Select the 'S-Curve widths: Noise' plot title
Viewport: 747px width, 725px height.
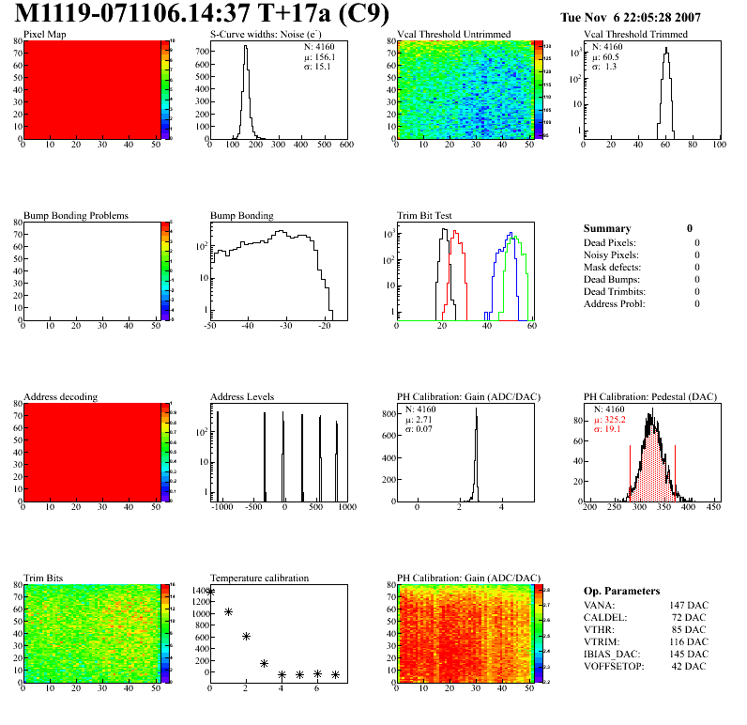(x=267, y=35)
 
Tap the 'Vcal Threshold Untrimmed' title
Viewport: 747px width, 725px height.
(x=453, y=35)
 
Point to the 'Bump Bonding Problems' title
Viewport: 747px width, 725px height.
(x=75, y=215)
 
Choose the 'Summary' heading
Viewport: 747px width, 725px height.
(x=607, y=228)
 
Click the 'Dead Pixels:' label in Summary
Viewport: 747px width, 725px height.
(x=611, y=242)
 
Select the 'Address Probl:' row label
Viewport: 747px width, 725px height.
(x=616, y=303)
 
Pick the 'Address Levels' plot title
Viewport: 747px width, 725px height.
(x=242, y=396)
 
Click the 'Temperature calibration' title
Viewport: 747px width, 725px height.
(x=259, y=578)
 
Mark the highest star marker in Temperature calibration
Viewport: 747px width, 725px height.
(x=210, y=592)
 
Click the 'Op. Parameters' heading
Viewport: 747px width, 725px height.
(x=621, y=591)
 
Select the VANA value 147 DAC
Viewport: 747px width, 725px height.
(x=688, y=606)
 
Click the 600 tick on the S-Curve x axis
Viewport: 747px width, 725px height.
(x=345, y=146)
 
